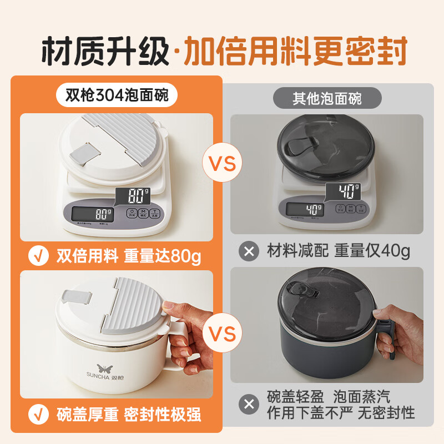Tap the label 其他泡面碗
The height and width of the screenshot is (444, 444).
tap(327, 99)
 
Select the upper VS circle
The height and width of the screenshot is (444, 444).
tap(222, 164)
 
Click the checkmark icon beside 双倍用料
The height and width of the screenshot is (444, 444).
tap(38, 256)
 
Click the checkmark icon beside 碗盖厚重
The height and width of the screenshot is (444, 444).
tap(38, 414)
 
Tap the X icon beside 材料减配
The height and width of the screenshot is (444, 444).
tap(249, 251)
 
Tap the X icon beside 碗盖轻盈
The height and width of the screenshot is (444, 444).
tap(249, 404)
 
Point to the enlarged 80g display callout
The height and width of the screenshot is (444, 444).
tap(135, 196)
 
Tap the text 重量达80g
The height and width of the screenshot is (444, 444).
tap(164, 256)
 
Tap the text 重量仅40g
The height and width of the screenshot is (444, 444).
tap(372, 251)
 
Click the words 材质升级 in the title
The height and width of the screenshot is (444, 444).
tap(105, 51)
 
